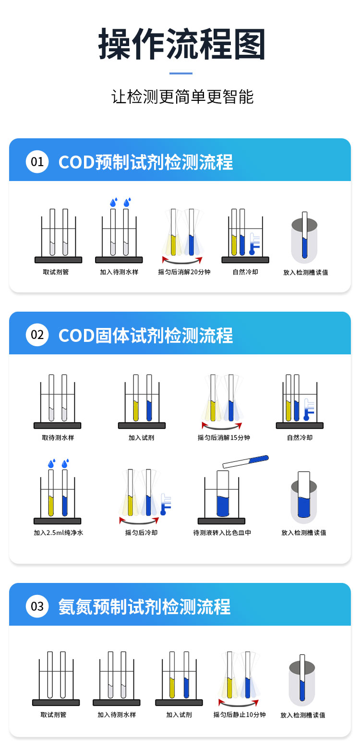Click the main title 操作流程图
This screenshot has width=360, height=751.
pos(181,44)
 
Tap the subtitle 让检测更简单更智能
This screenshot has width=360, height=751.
pos(182,97)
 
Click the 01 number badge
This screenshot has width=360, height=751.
pos(37,162)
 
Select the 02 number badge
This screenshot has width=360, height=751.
pos(37,335)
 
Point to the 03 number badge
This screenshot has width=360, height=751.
pos(37,606)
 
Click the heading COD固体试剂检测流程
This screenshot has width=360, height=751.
pos(145,335)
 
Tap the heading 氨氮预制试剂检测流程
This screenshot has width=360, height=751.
pos(144,607)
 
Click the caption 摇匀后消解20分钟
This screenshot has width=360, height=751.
pos(184,272)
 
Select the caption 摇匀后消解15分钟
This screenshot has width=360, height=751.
pos(224,437)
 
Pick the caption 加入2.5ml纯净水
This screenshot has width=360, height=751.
pos(59,533)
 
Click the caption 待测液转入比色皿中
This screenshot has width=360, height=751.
pos(222,533)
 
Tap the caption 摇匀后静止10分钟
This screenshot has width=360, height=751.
pos(240,715)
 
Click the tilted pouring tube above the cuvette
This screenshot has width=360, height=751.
pos(246,461)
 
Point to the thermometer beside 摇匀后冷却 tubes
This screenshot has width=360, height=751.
pos(166,504)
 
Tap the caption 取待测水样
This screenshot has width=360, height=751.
pos(58,437)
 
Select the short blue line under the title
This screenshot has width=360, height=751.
pos(181,73)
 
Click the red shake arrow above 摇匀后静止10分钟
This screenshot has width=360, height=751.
pos(239,703)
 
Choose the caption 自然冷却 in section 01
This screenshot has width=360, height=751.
pos(245,272)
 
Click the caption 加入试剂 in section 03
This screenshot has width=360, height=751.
pos(179,715)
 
